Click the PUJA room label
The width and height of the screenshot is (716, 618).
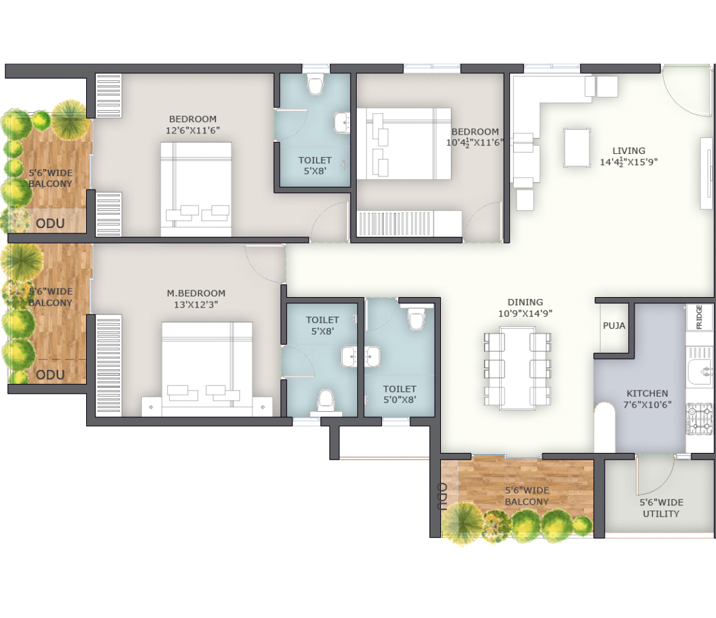click(x=614, y=326)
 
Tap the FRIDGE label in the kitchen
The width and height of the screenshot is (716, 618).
click(x=699, y=316)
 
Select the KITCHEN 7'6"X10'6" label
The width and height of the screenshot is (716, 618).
click(x=647, y=399)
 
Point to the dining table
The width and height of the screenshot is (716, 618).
click(x=517, y=368)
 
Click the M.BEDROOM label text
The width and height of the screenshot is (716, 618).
click(x=196, y=293)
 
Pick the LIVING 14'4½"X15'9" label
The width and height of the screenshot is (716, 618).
click(x=628, y=156)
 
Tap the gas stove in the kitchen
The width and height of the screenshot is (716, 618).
click(x=699, y=418)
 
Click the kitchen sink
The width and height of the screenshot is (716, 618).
click(x=699, y=372)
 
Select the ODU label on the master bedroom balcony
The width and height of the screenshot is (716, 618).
click(x=50, y=375)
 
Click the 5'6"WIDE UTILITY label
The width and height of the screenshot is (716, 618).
click(x=661, y=508)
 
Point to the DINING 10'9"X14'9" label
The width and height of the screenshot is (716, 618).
click(x=525, y=308)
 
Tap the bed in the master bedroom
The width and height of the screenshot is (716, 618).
click(x=207, y=369)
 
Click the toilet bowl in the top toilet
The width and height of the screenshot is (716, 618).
click(x=315, y=85)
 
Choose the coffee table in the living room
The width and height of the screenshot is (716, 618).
click(x=576, y=147)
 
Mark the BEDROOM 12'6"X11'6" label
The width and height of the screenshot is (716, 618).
click(x=193, y=124)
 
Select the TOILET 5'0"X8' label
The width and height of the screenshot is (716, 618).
click(x=400, y=395)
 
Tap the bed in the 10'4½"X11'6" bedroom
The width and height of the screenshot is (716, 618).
click(x=404, y=143)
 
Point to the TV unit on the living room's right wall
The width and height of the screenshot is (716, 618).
click(x=706, y=173)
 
